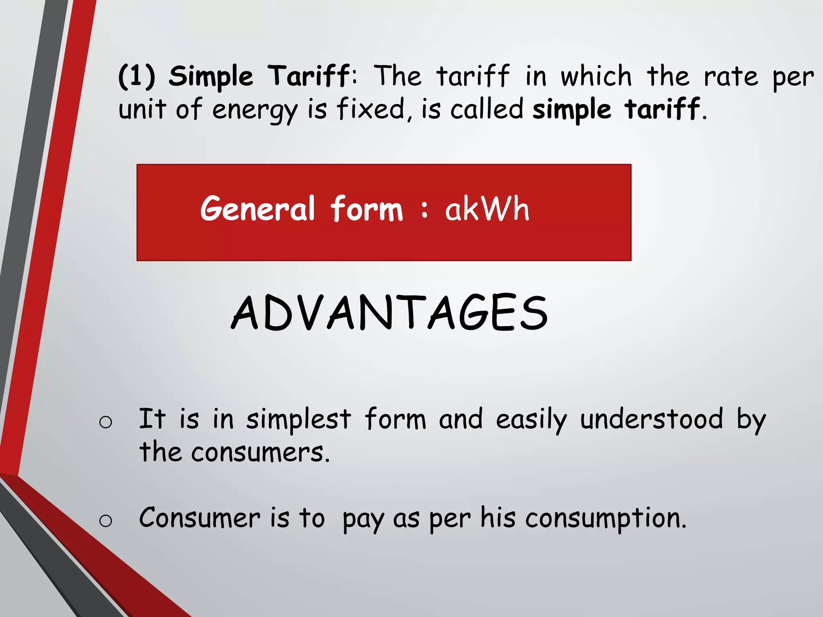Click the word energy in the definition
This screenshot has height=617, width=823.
(x=255, y=110)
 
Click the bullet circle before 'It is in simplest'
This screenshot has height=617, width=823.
(x=105, y=422)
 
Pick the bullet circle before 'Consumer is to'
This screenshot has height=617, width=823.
(x=105, y=521)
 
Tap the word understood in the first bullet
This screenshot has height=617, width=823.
(x=651, y=419)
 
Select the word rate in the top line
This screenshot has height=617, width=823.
(x=731, y=76)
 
